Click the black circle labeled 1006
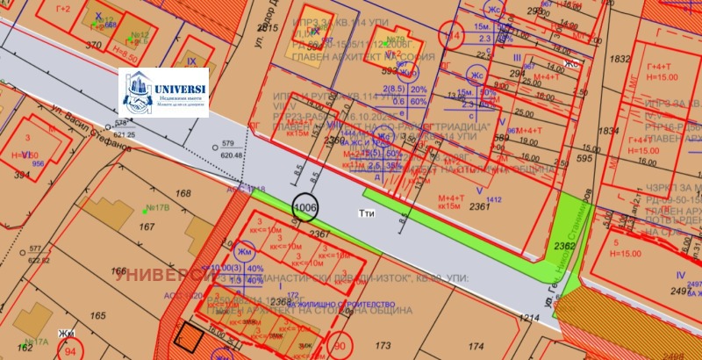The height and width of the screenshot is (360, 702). (304, 208)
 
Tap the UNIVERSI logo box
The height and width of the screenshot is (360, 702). (164, 92)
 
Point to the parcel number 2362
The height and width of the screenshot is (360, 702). (566, 248)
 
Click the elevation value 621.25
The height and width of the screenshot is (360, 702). (126, 134)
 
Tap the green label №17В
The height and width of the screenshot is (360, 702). (158, 208)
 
